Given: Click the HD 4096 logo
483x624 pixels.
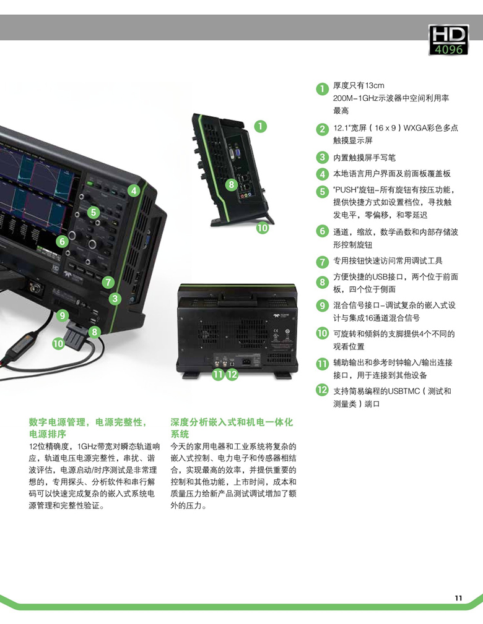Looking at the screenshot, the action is click(448, 40).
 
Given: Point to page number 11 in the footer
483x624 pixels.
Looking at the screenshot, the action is click(458, 598).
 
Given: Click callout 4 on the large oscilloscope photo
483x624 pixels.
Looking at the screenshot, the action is click(134, 190).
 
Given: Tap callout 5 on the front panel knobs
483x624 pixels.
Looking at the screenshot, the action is click(94, 212).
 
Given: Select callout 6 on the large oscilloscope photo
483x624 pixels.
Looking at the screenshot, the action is click(62, 241).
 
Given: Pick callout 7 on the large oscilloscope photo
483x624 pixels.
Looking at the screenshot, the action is click(108, 283).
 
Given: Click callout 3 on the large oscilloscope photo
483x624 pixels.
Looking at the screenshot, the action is click(115, 299).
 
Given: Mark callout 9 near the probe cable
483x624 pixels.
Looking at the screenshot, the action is click(62, 316).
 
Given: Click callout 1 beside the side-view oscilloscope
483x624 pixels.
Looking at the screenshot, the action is click(260, 127).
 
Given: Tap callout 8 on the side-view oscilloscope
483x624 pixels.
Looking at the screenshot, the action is click(232, 185).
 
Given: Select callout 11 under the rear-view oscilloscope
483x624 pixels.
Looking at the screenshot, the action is click(217, 375).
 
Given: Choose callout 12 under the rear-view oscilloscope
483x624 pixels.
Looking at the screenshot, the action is click(232, 375).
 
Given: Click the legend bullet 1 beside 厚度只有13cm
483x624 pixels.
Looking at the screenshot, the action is click(322, 88).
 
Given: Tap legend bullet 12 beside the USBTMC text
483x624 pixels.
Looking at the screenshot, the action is click(322, 390).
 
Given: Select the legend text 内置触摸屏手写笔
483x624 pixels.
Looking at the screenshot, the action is click(364, 158).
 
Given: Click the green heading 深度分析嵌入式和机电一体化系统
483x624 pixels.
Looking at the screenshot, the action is click(232, 428).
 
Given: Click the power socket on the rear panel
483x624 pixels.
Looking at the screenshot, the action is click(246, 362).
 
